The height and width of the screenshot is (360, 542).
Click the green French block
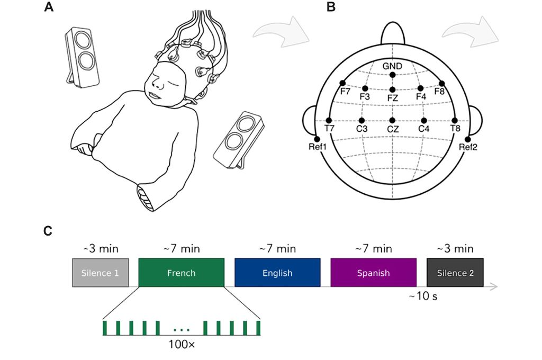[181, 273]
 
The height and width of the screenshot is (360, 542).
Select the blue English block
[277, 273]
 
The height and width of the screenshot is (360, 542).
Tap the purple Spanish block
[373, 273]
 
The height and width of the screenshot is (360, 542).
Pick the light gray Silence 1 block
[100, 273]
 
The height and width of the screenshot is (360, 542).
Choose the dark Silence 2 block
[455, 273]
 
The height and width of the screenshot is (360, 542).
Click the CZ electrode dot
[392, 120]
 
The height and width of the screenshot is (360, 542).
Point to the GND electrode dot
[392, 75]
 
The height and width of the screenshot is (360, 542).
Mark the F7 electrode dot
[342, 83]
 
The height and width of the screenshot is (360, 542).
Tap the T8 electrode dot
[455, 120]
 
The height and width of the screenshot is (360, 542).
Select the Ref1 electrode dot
[317, 139]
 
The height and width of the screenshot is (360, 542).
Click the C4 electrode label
[423, 129]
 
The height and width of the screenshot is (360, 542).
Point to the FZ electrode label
[392, 97]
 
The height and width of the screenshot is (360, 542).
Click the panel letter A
[49, 7]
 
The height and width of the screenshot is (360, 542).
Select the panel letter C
[49, 231]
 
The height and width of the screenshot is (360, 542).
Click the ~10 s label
[422, 296]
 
